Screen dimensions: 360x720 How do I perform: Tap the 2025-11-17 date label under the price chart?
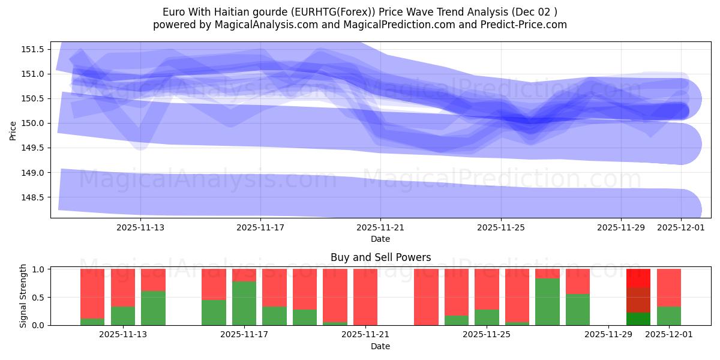[260, 227]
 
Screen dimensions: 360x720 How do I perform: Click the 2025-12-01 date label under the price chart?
[680, 227]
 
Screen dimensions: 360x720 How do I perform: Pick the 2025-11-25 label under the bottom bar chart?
[487, 335]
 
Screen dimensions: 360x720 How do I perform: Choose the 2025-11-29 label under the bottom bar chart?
[608, 335]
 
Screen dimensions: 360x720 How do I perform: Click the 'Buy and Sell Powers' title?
[380, 257]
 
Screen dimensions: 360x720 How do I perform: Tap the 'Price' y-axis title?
[13, 130]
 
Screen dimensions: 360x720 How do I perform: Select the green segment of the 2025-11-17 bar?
[244, 303]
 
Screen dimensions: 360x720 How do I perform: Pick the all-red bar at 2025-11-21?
[365, 297]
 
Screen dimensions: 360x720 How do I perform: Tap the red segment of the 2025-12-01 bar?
[669, 287]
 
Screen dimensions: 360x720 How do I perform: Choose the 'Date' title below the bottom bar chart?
[380, 346]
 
